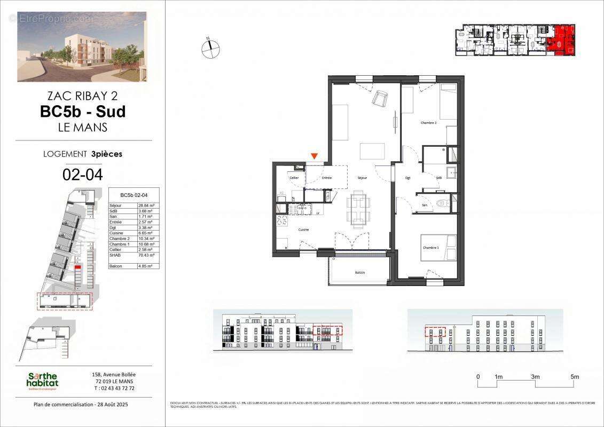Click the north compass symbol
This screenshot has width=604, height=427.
tap(210, 49)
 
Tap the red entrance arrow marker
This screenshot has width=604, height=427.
tap(315, 156)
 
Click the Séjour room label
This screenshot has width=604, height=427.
tap(363, 178)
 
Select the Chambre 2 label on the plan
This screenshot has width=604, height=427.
tap(428, 123)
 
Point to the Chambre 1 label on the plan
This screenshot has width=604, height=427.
tap(430, 248)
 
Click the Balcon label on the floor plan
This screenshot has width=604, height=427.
tap(360, 273)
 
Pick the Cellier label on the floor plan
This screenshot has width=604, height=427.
tap(294, 178)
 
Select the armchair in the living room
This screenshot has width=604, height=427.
tap(380, 98)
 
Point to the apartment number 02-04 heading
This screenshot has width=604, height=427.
tap(83, 174)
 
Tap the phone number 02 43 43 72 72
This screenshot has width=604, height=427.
tap(114, 388)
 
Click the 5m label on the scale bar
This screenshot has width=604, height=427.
tap(575, 377)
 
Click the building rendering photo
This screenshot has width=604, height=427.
tap(82, 47)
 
